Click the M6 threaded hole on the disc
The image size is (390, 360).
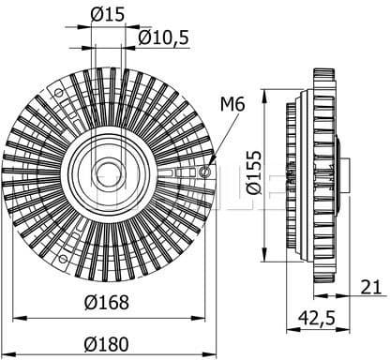point(205,172)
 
